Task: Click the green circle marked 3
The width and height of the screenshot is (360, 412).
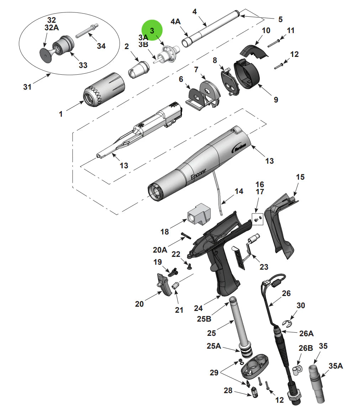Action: (x=152, y=30)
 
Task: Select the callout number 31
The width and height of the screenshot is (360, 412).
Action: (x=27, y=86)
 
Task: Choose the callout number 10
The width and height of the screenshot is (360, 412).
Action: (x=266, y=30)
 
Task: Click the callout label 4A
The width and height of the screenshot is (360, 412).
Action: (x=175, y=22)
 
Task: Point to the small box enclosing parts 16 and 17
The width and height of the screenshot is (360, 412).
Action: (x=257, y=219)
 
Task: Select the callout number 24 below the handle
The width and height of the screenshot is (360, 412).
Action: (x=198, y=308)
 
